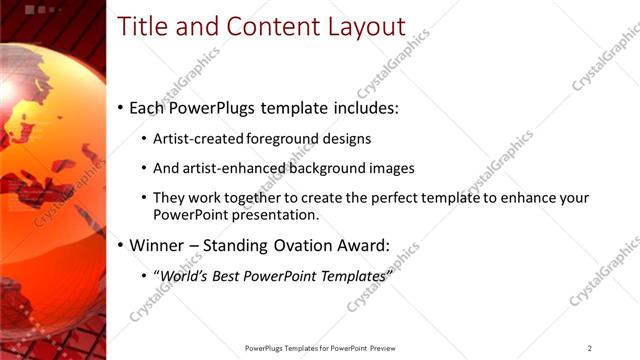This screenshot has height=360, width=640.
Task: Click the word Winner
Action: click(x=158, y=245)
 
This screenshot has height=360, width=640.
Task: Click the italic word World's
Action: click(x=185, y=275)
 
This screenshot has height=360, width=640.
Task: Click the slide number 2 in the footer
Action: click(x=589, y=348)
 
